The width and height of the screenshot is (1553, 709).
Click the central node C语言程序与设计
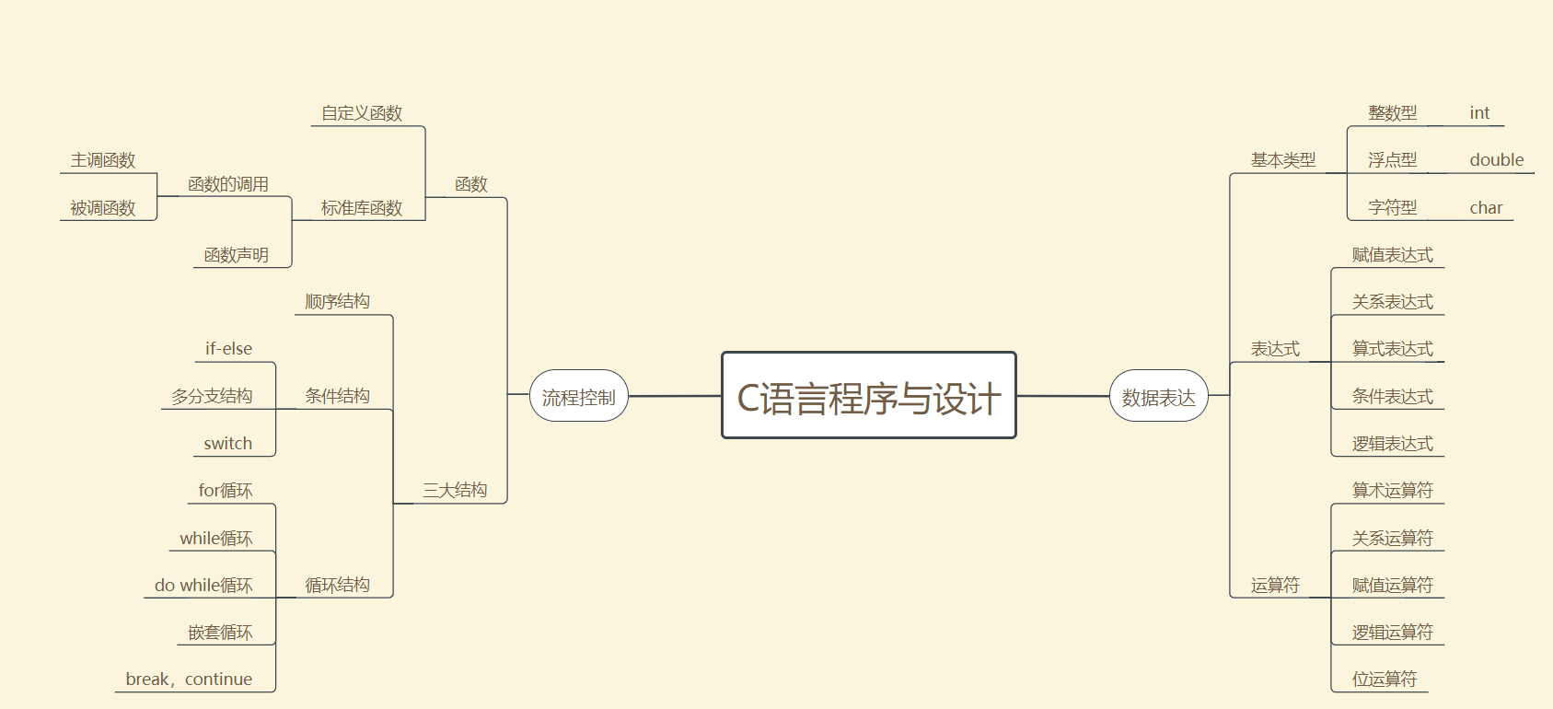[x=868, y=396]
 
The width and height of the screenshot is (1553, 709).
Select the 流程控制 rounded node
[x=578, y=397]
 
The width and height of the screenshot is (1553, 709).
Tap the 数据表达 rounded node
[x=1158, y=397]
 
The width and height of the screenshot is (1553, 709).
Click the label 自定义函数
[x=362, y=113]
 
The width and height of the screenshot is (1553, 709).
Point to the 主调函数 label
[x=103, y=160]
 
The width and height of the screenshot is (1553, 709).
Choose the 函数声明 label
[x=237, y=255]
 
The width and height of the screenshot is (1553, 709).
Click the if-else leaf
[x=228, y=349]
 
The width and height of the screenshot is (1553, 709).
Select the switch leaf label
[x=228, y=444]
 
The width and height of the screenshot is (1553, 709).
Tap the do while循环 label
[x=203, y=586]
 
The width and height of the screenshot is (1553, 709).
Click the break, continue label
[x=189, y=680]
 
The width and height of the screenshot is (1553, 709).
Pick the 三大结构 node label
[x=455, y=491]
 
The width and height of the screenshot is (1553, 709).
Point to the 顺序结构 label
[x=338, y=302]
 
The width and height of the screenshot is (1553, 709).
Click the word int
[x=1479, y=113]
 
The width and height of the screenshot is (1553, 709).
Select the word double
[x=1497, y=160]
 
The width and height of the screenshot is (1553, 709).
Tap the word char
[x=1486, y=208]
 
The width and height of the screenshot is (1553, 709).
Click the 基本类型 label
[x=1283, y=160]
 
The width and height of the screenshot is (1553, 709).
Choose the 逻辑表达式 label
[x=1392, y=444]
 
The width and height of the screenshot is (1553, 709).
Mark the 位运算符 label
[x=1385, y=680]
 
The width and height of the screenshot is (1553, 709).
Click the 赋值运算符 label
[x=1392, y=586]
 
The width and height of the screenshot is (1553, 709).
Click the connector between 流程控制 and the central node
[x=675, y=396]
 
